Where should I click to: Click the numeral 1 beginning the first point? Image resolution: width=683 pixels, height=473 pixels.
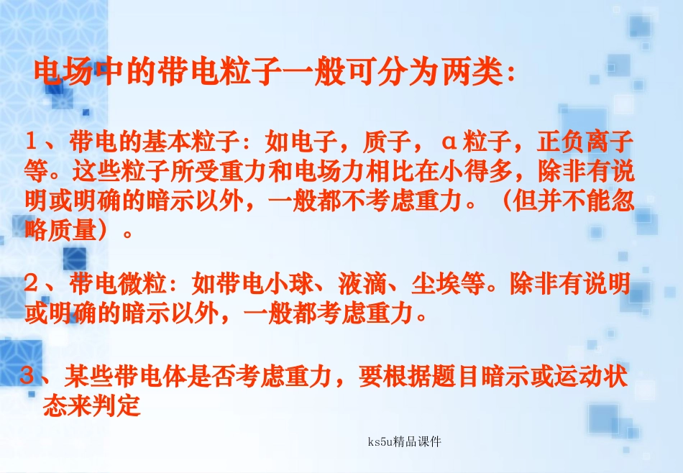click(32, 140)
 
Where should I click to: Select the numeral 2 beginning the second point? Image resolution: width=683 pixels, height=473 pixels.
click(32, 285)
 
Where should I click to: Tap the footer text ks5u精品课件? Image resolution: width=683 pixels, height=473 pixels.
click(403, 441)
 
